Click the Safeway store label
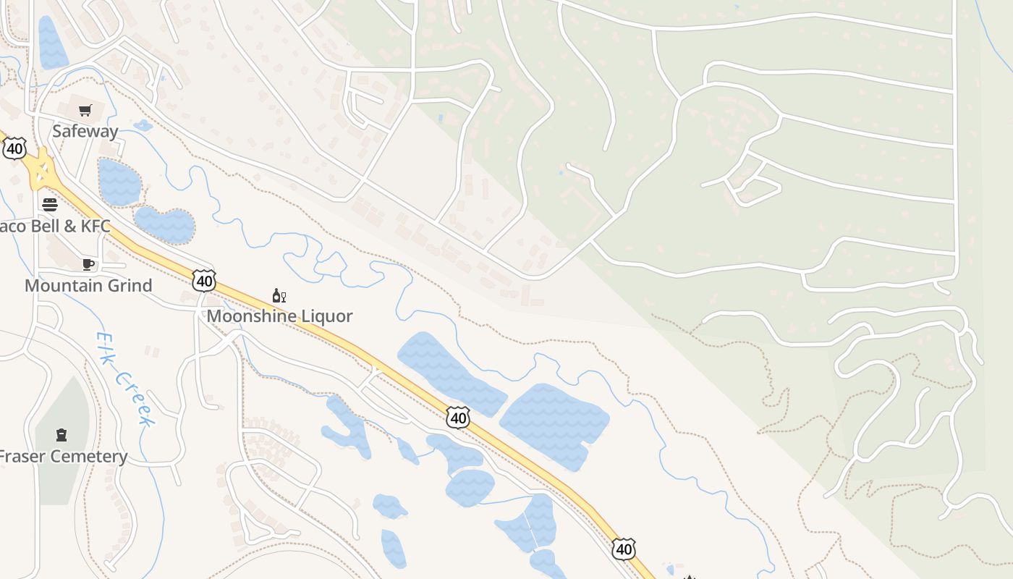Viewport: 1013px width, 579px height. tap(85, 131)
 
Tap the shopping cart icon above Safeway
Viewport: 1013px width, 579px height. tap(85, 111)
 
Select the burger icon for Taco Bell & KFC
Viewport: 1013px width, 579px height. tap(49, 204)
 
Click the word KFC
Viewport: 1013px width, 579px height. tap(96, 227)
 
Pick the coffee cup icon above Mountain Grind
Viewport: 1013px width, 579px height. tap(88, 264)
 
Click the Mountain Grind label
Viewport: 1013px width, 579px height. tap(88, 285)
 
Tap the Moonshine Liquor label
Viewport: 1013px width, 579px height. tap(279, 316)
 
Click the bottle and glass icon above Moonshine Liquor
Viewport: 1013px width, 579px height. tap(279, 295)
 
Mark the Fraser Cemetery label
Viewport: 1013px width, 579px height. tap(62, 457)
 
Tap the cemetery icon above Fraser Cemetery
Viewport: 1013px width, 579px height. tap(62, 435)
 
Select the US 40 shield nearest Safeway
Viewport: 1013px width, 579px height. tap(14, 149)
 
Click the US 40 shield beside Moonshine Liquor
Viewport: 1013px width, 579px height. tap(204, 280)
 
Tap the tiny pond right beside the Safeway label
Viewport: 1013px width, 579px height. tap(143, 126)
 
